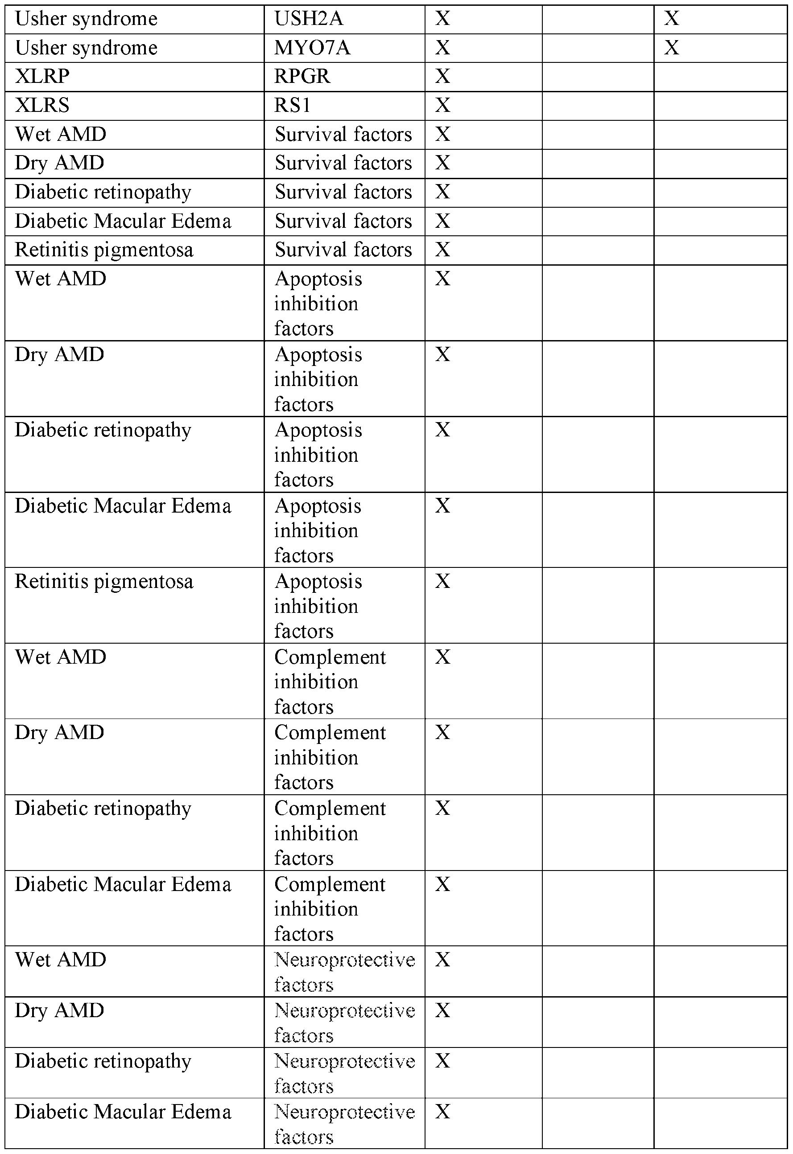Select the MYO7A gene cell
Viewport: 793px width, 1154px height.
(312, 48)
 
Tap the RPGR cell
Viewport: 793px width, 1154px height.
(302, 77)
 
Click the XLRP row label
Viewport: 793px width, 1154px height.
(42, 77)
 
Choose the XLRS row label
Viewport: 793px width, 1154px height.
(42, 105)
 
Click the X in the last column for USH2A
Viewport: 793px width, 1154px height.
(671, 19)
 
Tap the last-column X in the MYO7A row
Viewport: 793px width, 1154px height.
(671, 48)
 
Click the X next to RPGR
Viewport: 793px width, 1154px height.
(442, 77)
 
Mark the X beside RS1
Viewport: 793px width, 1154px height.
(442, 105)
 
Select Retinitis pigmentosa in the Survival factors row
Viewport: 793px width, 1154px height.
(104, 250)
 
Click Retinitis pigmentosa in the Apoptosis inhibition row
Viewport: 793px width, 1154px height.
(104, 582)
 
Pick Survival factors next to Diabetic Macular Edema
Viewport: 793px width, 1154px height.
(343, 221)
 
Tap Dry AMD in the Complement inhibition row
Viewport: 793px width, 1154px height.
(59, 732)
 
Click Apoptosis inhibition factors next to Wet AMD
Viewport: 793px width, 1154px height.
(318, 304)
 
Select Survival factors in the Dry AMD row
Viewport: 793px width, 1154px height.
(343, 164)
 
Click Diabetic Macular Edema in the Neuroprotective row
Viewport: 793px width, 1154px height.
(123, 1112)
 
